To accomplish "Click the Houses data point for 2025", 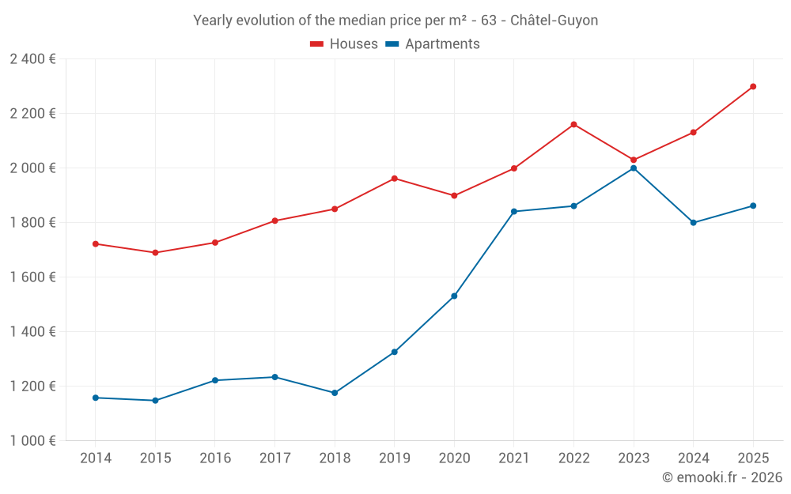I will coord(753,87).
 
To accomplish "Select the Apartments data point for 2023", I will coord(634,168).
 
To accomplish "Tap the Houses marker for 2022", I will coord(573,125).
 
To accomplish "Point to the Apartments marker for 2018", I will coord(335,393).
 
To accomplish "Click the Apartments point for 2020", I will coord(454,296).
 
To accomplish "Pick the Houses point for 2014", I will coord(96,244).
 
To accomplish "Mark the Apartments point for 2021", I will coord(514,212).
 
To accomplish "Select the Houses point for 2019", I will coord(395,179).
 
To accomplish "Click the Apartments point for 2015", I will coord(155,401).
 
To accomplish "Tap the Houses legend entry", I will coord(354,44).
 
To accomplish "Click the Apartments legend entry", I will coord(442,44).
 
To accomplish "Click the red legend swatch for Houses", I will coord(317,44).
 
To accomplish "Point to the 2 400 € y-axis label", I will coord(32,59).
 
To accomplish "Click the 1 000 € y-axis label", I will coord(32,441).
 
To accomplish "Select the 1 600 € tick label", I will coord(32,277).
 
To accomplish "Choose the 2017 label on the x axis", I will coord(274,458).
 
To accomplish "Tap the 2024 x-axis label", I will coord(693,458).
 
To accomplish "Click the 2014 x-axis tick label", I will coord(96,458).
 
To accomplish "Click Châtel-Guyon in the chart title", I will coord(554,21).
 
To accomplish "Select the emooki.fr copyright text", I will coord(722,477).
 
